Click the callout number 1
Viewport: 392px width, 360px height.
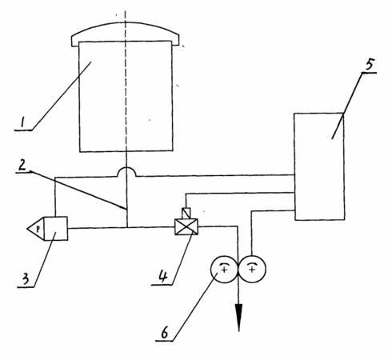tap(22, 123)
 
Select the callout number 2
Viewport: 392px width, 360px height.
tap(22, 166)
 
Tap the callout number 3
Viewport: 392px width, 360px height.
tap(25, 279)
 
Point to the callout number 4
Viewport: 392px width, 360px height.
tap(163, 276)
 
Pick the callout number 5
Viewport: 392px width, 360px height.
tap(370, 64)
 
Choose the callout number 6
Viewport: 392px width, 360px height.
tap(165, 333)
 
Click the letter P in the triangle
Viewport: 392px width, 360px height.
tap(38, 229)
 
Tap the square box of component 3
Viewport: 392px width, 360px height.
tap(55, 229)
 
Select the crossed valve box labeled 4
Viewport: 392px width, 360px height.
tap(186, 227)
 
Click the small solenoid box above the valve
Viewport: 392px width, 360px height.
tap(186, 214)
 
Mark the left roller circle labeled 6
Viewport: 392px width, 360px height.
tap(224, 270)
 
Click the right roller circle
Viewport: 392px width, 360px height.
tap(252, 270)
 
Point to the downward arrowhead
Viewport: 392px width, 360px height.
tap(238, 318)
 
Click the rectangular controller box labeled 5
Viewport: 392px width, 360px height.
tap(319, 166)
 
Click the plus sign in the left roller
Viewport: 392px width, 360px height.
tap(225, 270)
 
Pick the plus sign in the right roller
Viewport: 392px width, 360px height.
tap(252, 270)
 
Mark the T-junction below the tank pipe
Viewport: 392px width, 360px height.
tap(127, 227)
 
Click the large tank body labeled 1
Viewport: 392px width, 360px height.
tap(126, 97)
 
